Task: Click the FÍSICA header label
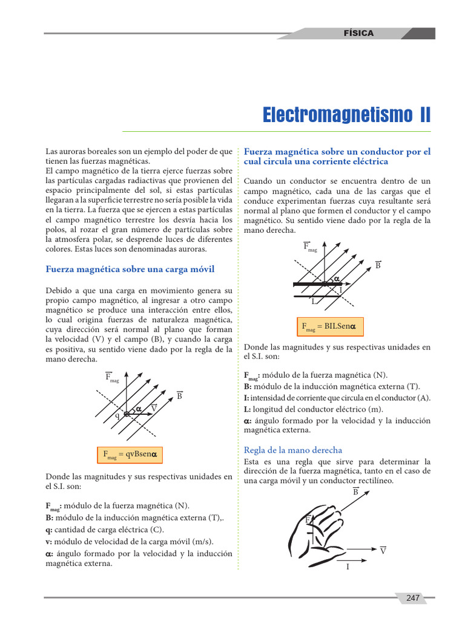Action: coord(358,33)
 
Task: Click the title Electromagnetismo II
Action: coord(347,115)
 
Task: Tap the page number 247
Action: coord(413,598)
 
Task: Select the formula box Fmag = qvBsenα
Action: coord(130,455)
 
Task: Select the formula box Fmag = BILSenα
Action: coord(330,326)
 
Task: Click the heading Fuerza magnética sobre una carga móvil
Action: coord(130,269)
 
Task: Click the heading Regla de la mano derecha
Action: coord(292,450)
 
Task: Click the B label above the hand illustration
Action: coord(355,492)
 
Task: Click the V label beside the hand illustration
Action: coord(383,551)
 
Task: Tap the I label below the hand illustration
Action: coord(348,567)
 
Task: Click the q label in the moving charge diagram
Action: coord(117,416)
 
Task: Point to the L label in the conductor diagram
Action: coord(314,301)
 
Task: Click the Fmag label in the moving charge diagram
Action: coord(112,378)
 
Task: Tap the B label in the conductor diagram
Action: coord(378,265)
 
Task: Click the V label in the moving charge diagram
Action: coord(154,409)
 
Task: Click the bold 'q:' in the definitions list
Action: coord(49,530)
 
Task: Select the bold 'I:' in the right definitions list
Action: coord(246,398)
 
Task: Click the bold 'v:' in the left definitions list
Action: coord(49,541)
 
